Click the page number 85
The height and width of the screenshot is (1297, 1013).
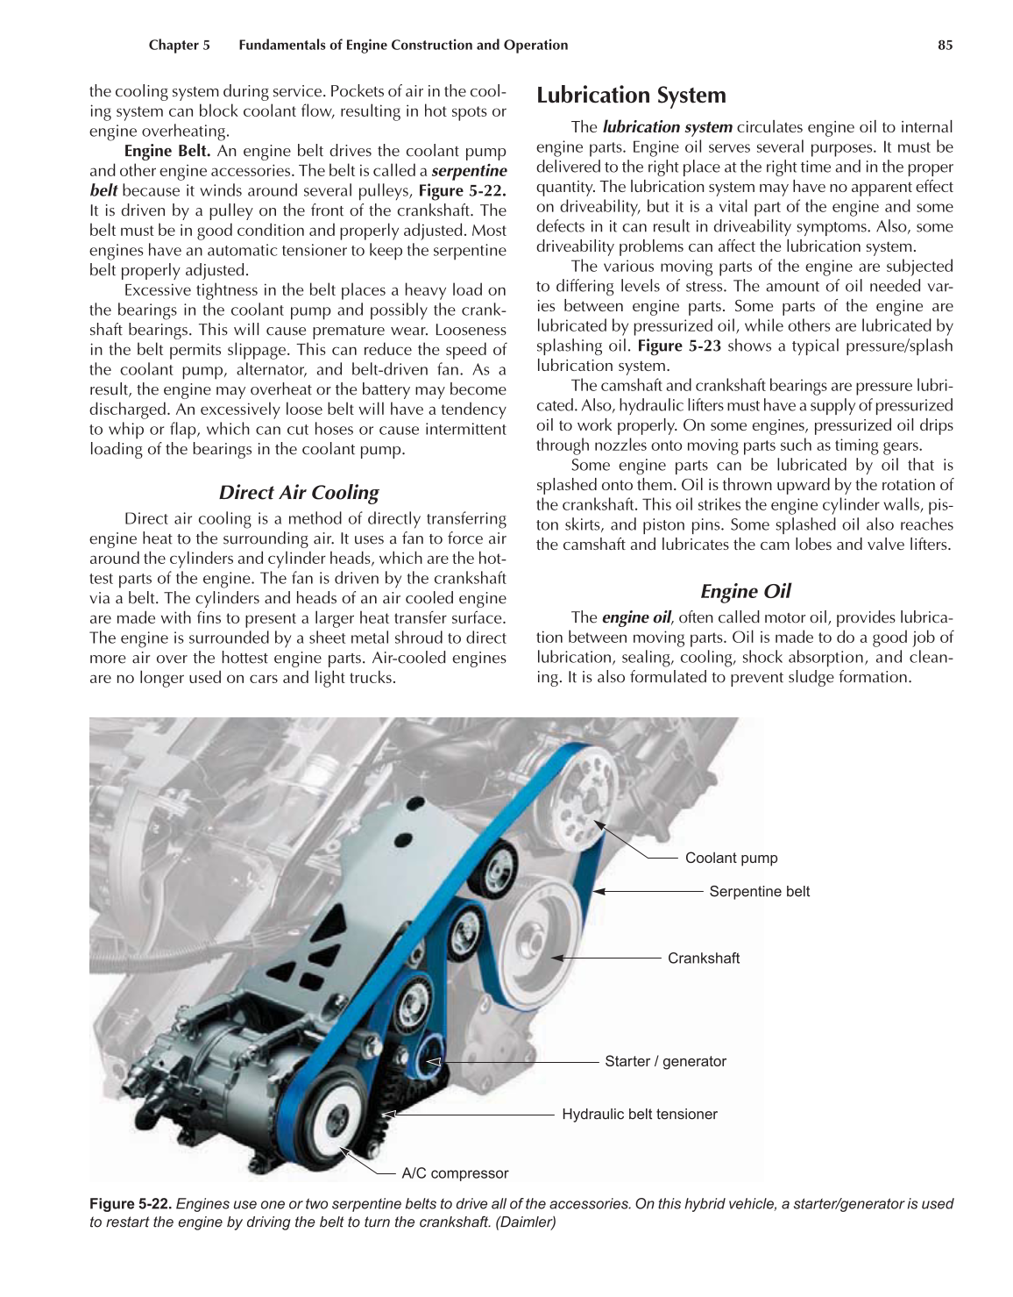pos(945,46)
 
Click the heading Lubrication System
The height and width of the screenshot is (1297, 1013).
pos(631,96)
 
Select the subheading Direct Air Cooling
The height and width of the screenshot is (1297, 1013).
pos(299,493)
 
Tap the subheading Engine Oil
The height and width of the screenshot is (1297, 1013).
pos(746,592)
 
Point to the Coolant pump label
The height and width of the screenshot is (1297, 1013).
pos(731,859)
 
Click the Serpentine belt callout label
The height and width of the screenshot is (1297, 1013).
pos(759,892)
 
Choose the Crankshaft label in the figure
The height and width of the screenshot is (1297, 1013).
pos(703,958)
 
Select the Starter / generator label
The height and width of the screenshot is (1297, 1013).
pos(665,1062)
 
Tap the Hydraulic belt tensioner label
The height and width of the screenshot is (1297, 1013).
pos(639,1115)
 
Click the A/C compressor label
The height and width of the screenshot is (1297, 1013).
pos(455,1173)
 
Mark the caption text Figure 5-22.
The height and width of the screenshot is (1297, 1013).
pos(131,1204)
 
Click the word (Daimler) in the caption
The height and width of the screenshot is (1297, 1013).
pos(526,1222)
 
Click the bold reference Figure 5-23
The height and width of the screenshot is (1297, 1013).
pos(679,346)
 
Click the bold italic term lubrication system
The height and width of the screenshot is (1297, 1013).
pos(667,127)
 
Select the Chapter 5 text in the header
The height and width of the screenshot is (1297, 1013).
pos(179,46)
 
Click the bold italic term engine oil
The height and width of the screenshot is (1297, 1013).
pos(636,617)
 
